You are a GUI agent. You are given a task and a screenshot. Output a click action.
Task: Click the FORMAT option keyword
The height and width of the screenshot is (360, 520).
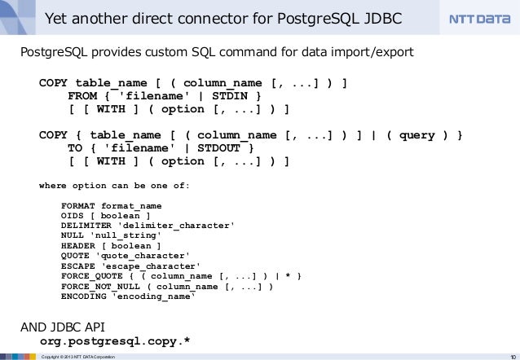81,206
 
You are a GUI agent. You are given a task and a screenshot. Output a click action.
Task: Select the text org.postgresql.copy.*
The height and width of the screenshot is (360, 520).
115,340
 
